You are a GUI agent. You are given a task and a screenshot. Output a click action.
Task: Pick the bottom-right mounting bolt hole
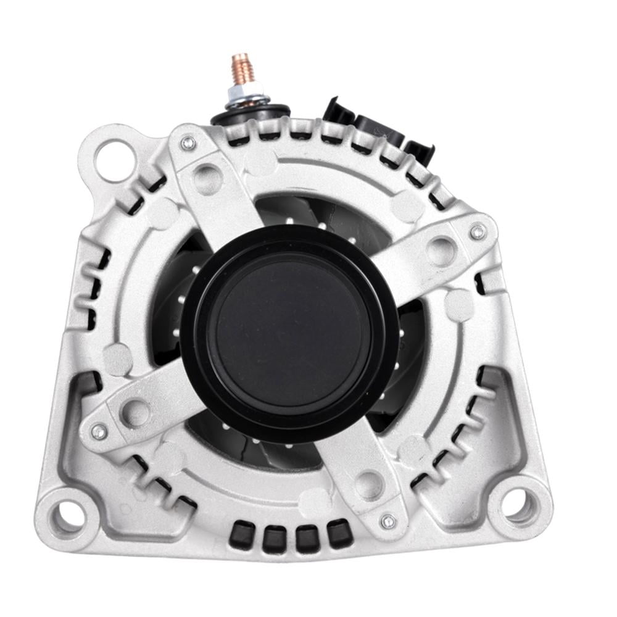[x=516, y=503]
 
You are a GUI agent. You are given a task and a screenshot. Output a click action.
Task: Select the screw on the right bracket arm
[x=477, y=232]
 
